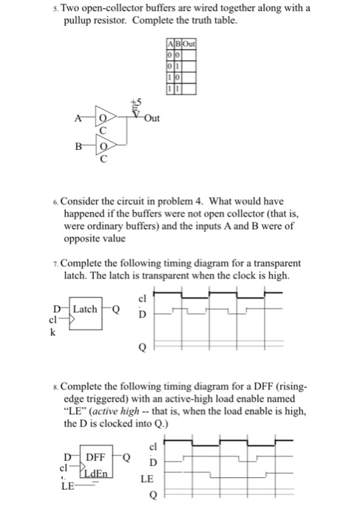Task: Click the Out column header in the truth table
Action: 188,44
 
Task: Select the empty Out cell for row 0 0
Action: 188,55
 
